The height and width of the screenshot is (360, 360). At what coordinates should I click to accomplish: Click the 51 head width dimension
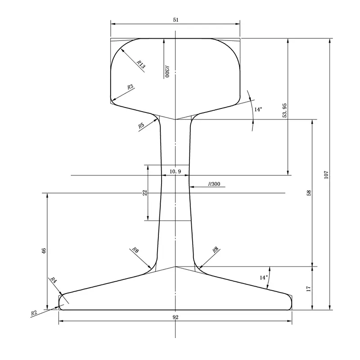(x=175, y=19)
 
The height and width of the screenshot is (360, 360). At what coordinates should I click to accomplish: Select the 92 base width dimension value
(x=175, y=317)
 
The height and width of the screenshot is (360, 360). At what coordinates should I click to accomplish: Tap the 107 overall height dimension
(x=327, y=174)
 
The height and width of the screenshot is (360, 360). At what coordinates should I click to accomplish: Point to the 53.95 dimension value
(x=284, y=110)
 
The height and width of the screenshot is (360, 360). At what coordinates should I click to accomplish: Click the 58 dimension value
(x=309, y=193)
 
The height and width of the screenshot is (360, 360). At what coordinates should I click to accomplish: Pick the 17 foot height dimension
(x=309, y=288)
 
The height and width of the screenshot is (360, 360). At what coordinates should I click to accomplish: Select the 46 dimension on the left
(x=44, y=251)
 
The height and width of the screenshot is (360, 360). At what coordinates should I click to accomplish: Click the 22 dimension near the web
(x=145, y=193)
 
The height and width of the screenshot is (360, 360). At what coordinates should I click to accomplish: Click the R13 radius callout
(x=140, y=65)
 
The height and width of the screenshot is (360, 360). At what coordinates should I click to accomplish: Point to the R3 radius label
(x=130, y=87)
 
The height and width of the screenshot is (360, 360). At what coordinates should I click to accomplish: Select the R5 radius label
(x=141, y=126)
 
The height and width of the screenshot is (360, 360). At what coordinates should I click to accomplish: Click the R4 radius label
(x=53, y=280)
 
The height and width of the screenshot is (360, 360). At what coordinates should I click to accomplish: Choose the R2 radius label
(x=34, y=312)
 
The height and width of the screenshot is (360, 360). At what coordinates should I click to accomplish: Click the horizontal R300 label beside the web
(x=214, y=184)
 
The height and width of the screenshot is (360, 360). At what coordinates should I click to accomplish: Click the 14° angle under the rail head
(x=258, y=109)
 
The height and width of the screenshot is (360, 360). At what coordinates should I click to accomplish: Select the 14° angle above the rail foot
(x=263, y=278)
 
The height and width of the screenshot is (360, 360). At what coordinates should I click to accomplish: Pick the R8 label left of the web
(x=135, y=250)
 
